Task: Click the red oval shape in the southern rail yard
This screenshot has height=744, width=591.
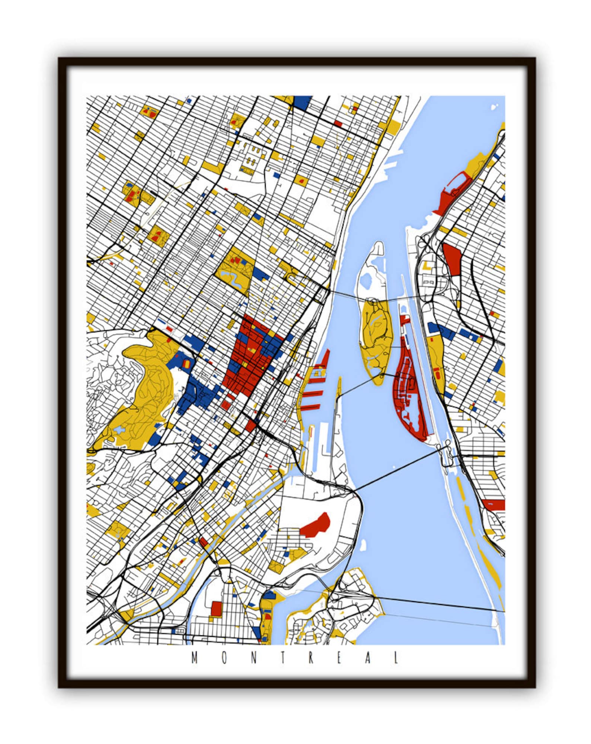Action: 316,525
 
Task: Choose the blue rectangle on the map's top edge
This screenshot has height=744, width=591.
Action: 303,102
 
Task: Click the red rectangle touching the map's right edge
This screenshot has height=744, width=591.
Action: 493,505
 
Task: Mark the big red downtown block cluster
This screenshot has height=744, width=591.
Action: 249,357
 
